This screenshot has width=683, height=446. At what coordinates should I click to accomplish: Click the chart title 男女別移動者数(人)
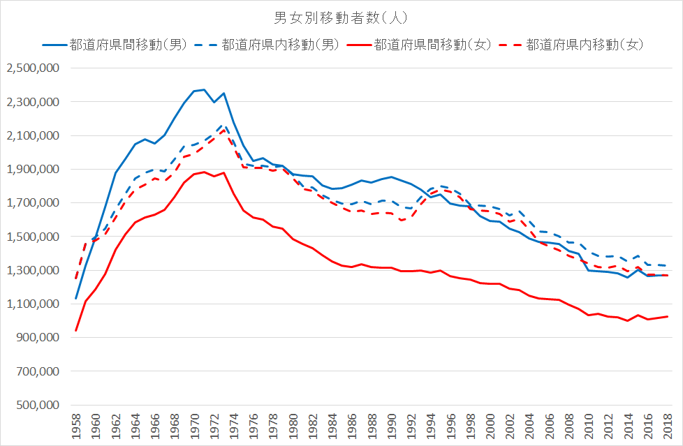coord(341,16)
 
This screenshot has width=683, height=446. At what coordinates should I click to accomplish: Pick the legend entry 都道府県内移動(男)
coord(280,45)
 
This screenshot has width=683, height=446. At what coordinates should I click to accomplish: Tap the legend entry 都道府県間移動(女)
coord(432,45)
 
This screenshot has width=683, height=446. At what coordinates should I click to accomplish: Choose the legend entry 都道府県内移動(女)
coord(584,45)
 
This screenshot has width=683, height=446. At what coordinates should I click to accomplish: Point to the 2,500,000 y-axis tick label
coord(33,68)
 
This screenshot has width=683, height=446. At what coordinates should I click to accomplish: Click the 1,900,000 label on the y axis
coord(33,170)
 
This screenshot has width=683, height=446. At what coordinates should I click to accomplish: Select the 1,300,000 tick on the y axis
coord(33,271)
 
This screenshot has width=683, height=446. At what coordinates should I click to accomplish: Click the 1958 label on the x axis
coord(76,425)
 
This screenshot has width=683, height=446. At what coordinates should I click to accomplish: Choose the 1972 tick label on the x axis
coord(214,425)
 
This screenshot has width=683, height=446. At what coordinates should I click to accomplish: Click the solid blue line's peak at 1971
coord(204,89)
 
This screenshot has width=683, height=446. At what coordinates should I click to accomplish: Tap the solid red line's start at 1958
coord(76,330)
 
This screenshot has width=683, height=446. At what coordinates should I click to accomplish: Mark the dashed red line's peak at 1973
coord(223,130)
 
